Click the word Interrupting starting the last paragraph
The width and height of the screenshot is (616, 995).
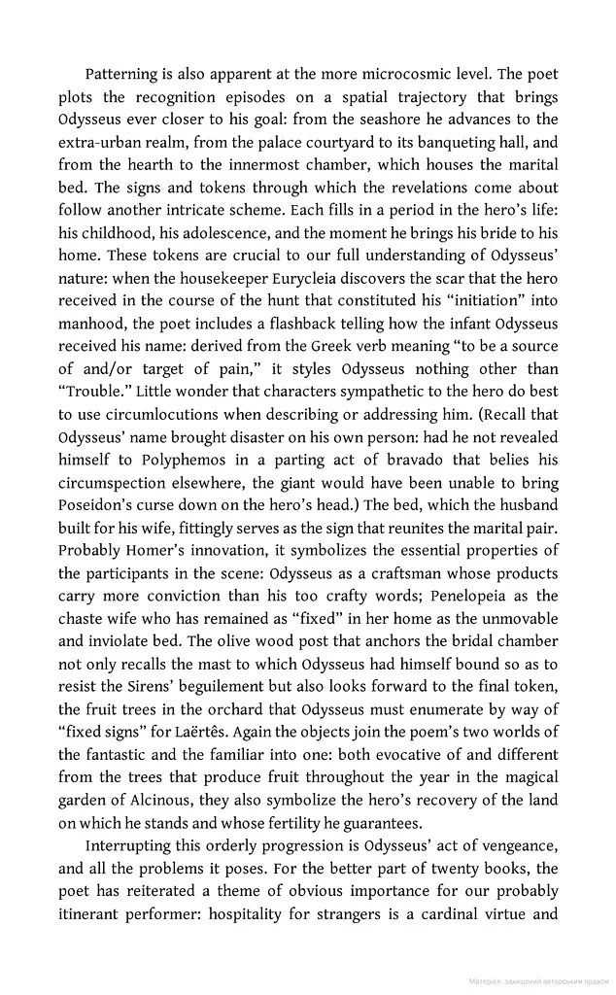coord(129,844)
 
